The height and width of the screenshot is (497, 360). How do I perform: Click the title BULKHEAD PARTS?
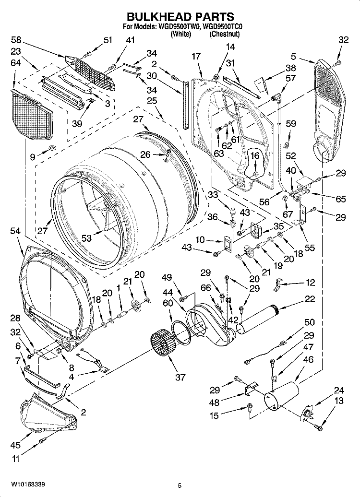point(180,17)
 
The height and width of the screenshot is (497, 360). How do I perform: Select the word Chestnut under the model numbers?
point(224,34)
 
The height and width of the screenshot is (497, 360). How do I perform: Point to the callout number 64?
point(16,62)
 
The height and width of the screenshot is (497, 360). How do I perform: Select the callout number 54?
point(16,231)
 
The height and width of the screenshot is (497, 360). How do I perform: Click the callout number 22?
point(310,299)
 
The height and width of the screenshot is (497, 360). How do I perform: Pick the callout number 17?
point(196,56)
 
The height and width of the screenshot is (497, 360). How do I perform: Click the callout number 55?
point(310,248)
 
